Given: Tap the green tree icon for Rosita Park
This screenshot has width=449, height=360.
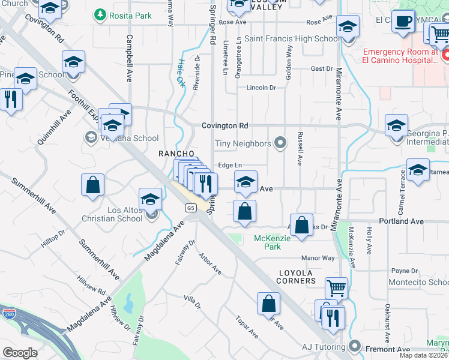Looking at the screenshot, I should click(x=100, y=15).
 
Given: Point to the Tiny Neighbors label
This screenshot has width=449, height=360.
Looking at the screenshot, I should click(x=243, y=143).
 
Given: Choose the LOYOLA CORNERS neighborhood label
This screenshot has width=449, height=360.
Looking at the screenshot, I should click(x=297, y=277).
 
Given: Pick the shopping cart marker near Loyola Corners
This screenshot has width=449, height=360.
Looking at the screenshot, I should click(x=336, y=288).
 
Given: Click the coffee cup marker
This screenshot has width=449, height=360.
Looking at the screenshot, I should click(x=403, y=22).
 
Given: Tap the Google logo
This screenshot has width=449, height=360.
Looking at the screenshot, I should click(x=20, y=353).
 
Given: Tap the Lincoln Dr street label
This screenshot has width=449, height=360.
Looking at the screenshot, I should click(x=261, y=88).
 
